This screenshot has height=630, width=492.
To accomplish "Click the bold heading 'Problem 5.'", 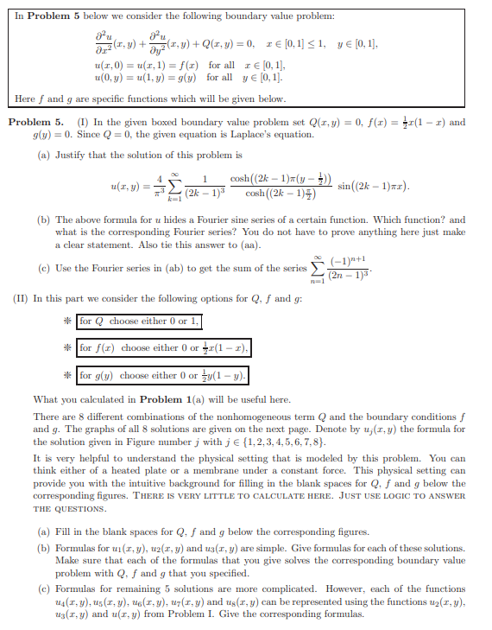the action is pos(35,122).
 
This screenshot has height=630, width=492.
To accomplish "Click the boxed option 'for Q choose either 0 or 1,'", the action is pos(139,321).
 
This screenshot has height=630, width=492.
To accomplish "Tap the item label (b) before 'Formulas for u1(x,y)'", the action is pos(42,548).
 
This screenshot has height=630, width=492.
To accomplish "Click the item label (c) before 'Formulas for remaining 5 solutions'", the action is pos(42,589).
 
